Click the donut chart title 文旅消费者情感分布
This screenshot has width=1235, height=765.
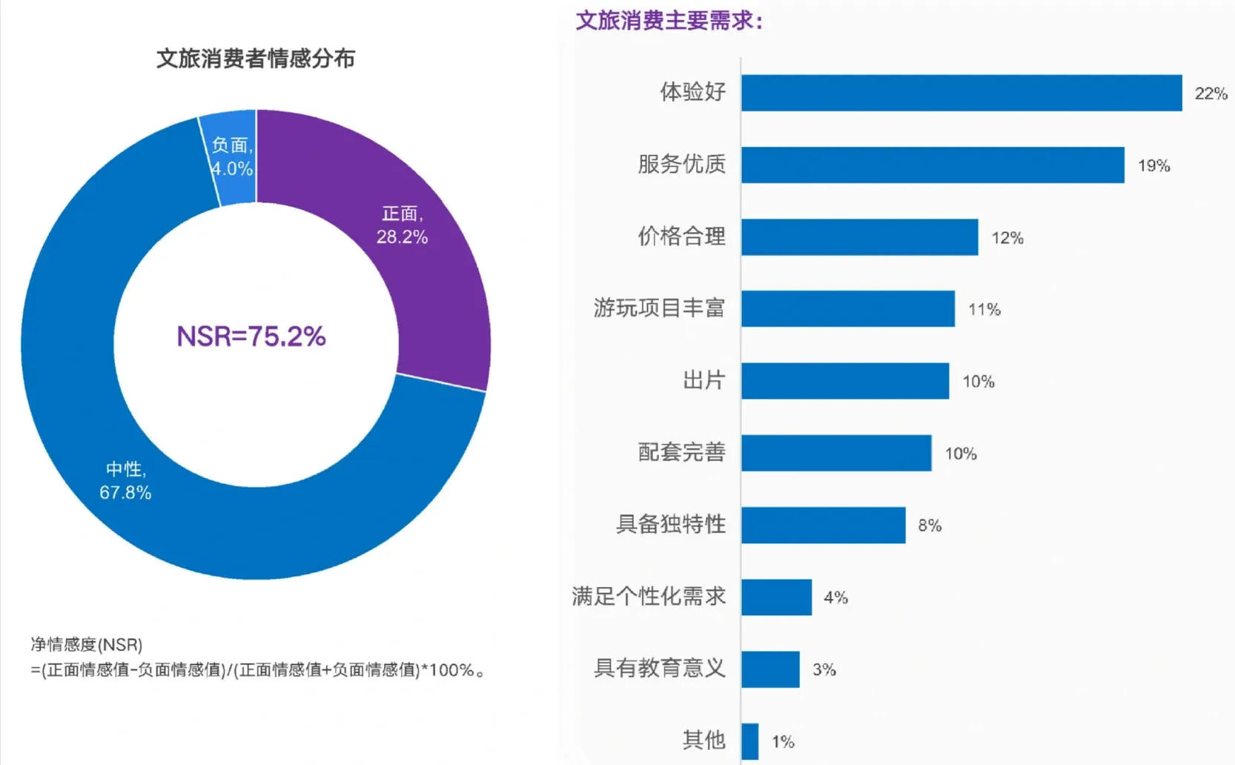pos(256,59)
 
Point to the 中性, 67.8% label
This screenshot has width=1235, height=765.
pos(125,480)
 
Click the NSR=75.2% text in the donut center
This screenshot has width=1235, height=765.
pos(251,337)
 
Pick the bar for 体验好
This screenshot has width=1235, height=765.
pos(961,93)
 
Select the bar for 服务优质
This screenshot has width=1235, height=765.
pos(932,165)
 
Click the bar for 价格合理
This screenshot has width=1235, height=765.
pos(859,237)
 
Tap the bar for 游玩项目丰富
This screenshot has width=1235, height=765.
pos(847,309)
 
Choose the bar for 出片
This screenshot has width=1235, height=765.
pos(844,381)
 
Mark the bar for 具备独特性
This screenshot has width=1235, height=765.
pos(823,525)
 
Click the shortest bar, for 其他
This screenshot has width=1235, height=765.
pos(749,741)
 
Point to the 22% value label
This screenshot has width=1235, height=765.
pos(1211,93)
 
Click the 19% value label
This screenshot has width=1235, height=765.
pos(1153,165)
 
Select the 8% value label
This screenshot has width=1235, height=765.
pos(929,526)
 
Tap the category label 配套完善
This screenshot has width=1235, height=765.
pos(681,452)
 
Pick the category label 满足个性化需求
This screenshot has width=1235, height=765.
pos(649,596)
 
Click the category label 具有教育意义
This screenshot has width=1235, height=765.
pos(659,668)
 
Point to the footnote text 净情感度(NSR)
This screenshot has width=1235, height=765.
pos(87,645)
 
